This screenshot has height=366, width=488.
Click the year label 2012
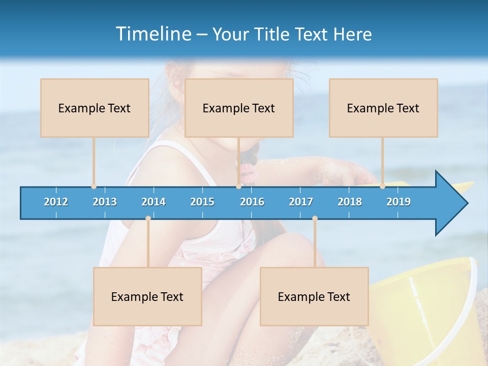[56, 202]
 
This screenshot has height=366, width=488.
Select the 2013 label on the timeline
[105, 202]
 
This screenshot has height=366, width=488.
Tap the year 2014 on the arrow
[154, 202]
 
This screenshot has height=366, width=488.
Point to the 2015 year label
[202, 202]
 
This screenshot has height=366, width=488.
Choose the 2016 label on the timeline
[252, 202]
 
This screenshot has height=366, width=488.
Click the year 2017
[301, 202]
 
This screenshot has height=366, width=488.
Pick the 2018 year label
[350, 202]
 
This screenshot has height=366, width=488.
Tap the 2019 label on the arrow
[399, 202]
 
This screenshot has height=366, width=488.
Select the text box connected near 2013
[95, 108]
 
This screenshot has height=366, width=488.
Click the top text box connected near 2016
[239, 108]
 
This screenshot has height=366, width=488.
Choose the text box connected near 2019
[383, 108]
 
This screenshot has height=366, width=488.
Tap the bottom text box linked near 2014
[147, 296]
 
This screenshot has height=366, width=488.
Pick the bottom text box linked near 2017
[314, 296]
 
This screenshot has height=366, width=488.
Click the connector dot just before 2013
[94, 186]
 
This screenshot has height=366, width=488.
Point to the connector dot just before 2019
[382, 186]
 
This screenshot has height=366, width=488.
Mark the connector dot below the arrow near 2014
[148, 219]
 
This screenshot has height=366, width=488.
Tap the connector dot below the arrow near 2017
[315, 219]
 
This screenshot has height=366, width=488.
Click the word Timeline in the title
[152, 34]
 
